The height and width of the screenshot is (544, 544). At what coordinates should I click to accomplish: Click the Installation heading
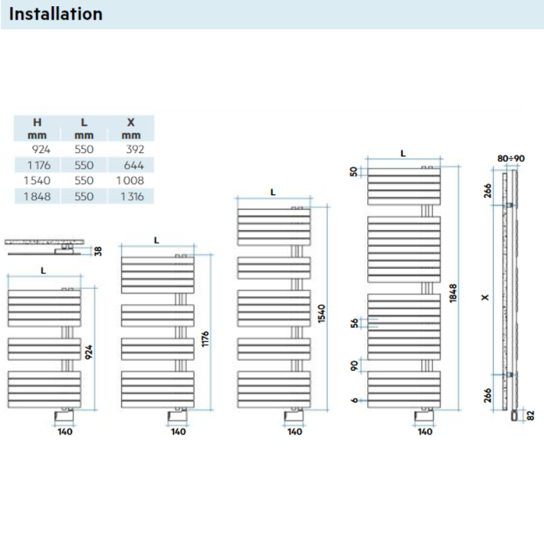56,14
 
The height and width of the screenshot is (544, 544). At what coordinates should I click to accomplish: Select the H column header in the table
37,122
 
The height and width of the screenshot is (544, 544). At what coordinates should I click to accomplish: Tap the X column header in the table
131,122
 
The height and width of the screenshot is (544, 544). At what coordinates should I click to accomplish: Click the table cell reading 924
41,149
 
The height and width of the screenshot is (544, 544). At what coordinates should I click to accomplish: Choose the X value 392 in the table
135,149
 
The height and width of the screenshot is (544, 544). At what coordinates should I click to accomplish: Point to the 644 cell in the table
135,165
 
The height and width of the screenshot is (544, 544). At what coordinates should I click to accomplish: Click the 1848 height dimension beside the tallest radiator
453,292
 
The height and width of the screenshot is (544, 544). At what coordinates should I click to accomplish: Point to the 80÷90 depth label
511,158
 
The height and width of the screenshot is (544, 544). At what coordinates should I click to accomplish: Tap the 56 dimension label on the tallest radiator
354,324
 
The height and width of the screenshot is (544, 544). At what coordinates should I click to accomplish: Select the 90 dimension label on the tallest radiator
354,367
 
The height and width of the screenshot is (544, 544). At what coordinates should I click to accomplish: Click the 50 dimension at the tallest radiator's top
354,171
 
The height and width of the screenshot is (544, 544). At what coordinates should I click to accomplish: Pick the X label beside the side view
484,297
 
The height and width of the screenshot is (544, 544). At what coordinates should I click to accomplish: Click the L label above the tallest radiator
403,154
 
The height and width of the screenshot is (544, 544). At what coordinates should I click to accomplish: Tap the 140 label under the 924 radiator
65,432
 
